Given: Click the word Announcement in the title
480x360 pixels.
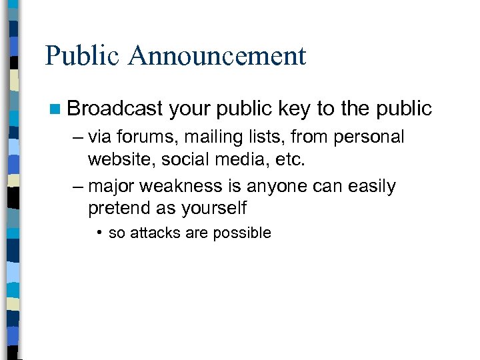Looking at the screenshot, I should click(218, 55).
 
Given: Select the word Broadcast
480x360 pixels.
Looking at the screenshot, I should click(114, 108).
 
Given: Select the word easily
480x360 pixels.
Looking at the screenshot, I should click(371, 187).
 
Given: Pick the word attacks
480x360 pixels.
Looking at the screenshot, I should click(153, 233).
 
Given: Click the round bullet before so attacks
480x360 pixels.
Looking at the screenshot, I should click(98, 233).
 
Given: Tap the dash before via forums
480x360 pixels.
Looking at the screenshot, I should click(79, 137).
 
